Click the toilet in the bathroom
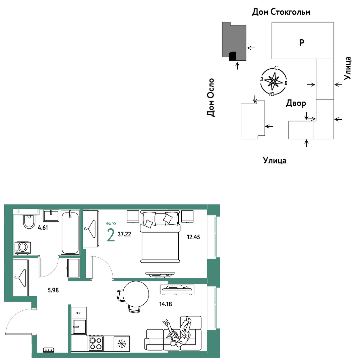(29, 221)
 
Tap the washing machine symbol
(23, 248)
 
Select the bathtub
(70, 233)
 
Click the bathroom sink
(51, 216)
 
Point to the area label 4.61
(43, 228)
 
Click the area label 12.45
(193, 237)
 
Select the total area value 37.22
(124, 234)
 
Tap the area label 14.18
(166, 304)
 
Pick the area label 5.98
(53, 290)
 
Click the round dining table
(136, 294)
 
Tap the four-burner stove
(96, 343)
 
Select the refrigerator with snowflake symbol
(122, 344)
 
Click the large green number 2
(111, 235)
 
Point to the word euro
(111, 223)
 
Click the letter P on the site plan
(302, 43)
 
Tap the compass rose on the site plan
(274, 81)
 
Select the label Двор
(296, 103)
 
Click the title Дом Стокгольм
(281, 12)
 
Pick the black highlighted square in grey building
(233, 56)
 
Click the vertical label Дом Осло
(211, 97)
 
